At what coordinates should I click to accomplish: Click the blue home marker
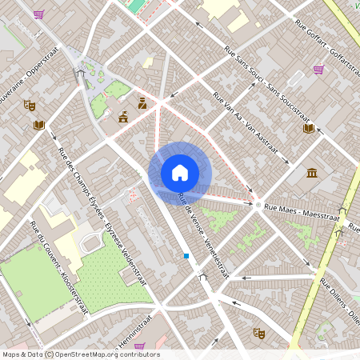pos(180,172)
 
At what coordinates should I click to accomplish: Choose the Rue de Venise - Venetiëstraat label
pos(203,236)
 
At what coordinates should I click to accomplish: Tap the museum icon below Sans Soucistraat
pos(311,173)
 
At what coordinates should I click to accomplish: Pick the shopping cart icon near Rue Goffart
pos(318,70)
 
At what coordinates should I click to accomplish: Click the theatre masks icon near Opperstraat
pos(30,105)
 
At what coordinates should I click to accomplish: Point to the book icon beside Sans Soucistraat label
pos(309,127)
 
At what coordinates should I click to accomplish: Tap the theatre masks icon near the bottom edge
pos(258,332)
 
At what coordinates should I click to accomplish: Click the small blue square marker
pos(186,256)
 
